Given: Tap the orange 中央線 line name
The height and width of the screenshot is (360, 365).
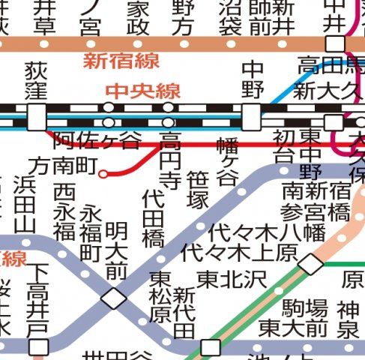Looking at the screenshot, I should [142, 91].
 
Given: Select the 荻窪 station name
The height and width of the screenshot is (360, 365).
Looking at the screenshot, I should [35, 80].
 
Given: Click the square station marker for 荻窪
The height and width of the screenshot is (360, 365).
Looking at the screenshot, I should [35, 115].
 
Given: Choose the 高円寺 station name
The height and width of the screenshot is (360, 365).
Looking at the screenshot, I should [170, 160].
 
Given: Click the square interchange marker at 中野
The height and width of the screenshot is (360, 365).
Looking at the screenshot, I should [252, 115].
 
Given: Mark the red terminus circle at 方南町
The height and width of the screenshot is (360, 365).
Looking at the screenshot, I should [103, 175].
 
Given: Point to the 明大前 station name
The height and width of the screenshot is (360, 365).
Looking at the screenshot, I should [115, 250].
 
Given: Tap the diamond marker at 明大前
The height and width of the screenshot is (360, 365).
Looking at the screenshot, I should [115, 298].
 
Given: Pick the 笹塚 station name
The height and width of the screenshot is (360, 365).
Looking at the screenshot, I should [198, 190].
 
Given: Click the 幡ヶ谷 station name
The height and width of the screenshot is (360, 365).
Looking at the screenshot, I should [226, 161].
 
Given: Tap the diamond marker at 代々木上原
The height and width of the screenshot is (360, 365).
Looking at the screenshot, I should [310, 263].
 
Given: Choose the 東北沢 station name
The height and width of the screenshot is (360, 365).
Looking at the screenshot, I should [232, 279].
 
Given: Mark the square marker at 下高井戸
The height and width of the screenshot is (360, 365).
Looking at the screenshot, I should [37, 346].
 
